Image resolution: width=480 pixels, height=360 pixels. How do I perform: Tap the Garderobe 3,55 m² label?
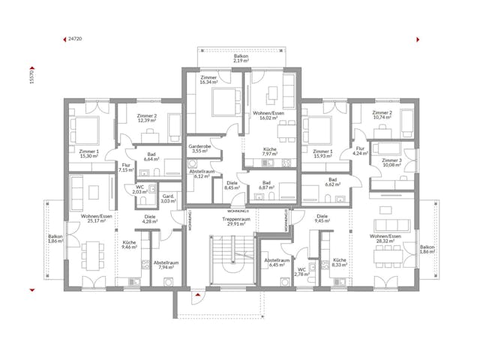(199, 148)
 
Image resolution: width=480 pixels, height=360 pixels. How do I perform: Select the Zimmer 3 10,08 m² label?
(391, 163)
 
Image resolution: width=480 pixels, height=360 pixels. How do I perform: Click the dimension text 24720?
(75, 37)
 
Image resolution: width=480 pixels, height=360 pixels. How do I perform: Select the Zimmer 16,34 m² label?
(209, 81)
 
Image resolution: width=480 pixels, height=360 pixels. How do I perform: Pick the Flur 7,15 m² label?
(124, 168)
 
